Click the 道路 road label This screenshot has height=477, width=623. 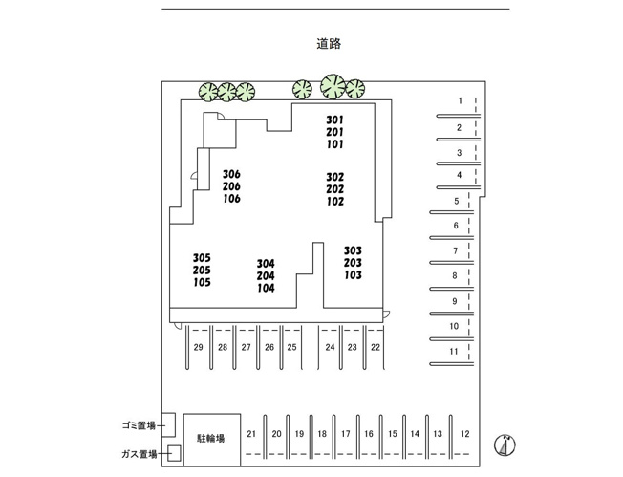[x=329, y=43]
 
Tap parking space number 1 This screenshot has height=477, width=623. [x=461, y=100]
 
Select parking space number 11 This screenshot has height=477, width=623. [x=454, y=352]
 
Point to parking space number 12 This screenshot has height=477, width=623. [x=465, y=434]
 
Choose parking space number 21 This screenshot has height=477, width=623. [x=251, y=434]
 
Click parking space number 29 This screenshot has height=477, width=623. [x=198, y=347]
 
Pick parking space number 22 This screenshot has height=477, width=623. [x=376, y=347]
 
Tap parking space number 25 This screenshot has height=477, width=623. [x=292, y=347]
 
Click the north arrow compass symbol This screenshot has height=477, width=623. [x=505, y=444]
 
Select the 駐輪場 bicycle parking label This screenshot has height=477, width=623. [x=211, y=438]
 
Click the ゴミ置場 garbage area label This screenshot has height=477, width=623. [x=139, y=425]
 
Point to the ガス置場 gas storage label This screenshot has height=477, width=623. [x=139, y=454]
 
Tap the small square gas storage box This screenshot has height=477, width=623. [x=174, y=453]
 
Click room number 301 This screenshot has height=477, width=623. [x=335, y=119]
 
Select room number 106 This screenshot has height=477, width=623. [x=231, y=199]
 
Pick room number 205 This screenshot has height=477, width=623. [x=202, y=271]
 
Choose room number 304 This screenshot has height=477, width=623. [x=266, y=264]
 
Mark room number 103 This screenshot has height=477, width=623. [x=353, y=275]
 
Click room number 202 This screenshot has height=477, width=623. [x=335, y=189]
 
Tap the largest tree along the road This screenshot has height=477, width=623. [x=333, y=86]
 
